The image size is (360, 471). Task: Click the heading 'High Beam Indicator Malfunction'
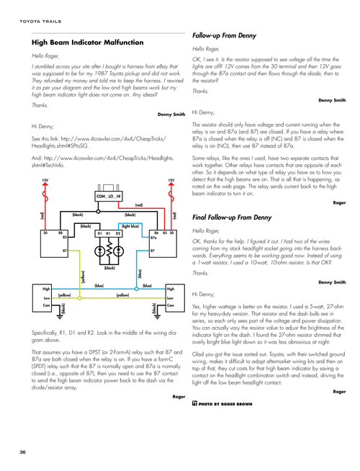[87, 42]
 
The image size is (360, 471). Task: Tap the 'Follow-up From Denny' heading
[225, 36]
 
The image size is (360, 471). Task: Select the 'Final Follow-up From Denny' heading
[232, 217]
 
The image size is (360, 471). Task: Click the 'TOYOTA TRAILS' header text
[40, 22]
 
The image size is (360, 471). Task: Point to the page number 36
[22, 452]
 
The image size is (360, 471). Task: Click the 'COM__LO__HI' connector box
[109, 196]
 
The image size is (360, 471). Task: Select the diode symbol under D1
[99, 251]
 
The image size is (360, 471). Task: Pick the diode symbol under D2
[119, 251]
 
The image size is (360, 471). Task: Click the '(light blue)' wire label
[130, 226]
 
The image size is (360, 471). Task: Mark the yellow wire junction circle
[80, 298]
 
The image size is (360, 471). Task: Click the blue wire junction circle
[136, 289]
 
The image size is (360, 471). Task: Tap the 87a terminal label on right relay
[153, 238]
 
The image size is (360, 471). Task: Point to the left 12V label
[45, 180]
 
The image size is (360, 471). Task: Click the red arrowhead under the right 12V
[171, 184]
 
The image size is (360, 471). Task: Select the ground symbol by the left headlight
[57, 315]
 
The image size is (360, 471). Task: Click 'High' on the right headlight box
[171, 289]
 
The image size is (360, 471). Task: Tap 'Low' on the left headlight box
[47, 298]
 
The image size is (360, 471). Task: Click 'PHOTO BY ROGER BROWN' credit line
[225, 404]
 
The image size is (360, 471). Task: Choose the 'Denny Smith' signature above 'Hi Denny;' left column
[171, 114]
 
